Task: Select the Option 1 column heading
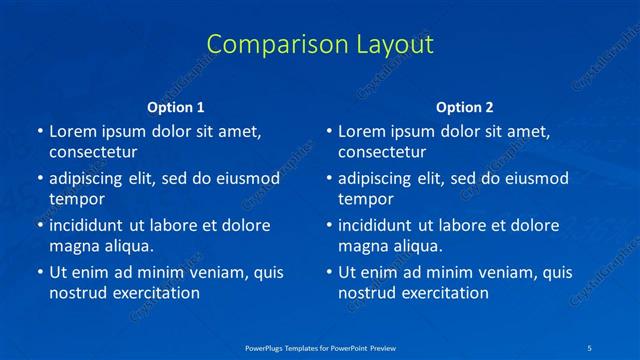pyautogui.click(x=176, y=107)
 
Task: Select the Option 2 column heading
pyautogui.click(x=465, y=107)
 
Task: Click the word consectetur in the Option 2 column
pyautogui.click(x=382, y=152)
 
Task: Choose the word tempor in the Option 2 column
pyautogui.click(x=366, y=199)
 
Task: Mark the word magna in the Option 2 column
pyautogui.click(x=362, y=245)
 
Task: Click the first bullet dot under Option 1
pyautogui.click(x=40, y=132)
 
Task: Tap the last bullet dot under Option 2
pyautogui.click(x=329, y=273)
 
